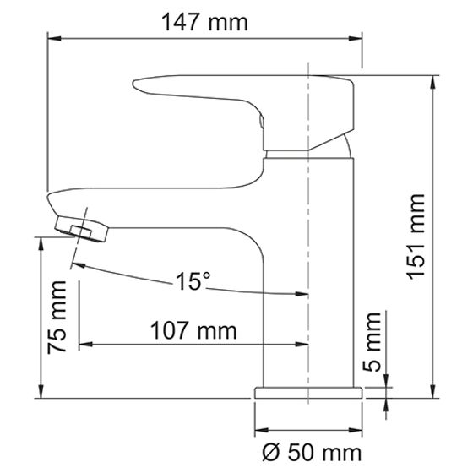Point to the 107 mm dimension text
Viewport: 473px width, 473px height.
click(193, 329)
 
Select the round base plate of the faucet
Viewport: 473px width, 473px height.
click(310, 393)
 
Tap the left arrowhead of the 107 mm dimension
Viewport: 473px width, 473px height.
click(84, 344)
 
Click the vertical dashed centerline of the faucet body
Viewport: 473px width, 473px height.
click(310, 253)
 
